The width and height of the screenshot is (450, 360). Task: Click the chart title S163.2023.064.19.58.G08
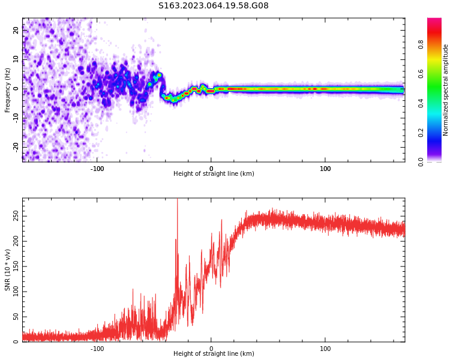[x=214, y=6]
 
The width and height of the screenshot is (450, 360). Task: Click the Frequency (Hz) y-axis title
[x=8, y=90]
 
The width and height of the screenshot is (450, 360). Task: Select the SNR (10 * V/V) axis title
[x=8, y=271]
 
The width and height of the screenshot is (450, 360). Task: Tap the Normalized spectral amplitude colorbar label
[x=446, y=90]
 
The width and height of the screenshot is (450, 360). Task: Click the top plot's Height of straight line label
[x=214, y=174]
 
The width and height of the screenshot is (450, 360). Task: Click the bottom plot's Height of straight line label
[x=214, y=354]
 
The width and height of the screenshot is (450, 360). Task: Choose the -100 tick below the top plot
[x=97, y=169]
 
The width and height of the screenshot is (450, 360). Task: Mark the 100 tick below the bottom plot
[x=325, y=349]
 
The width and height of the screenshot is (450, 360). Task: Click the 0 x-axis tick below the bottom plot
[x=211, y=349]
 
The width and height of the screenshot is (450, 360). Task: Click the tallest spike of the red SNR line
[x=177, y=200]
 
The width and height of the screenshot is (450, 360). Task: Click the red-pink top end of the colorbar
[x=434, y=20]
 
